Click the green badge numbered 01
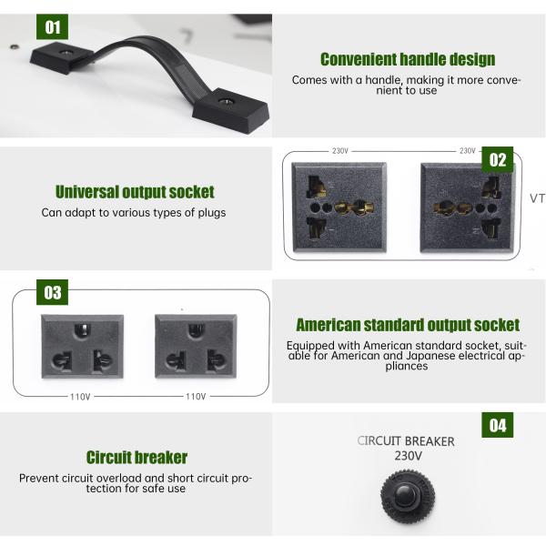coord(52,26)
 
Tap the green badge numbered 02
coord(497,159)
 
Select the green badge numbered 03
coord(52,292)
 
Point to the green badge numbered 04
coord(497,425)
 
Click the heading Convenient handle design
coord(408,59)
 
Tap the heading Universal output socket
coord(135,192)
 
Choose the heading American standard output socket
coord(408,325)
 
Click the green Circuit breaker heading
coord(136,457)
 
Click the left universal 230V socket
coord(339,207)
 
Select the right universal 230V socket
coord(468,207)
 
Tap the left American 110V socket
coord(82,347)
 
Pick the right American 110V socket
coord(196,347)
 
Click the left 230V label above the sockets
coord(339,151)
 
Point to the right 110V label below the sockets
coord(196,397)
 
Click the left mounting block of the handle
coord(62,58)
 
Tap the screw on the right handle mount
coord(224,101)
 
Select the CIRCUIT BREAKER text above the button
coord(406,441)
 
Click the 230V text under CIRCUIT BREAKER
coord(408,456)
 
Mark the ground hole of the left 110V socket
coord(82,329)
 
